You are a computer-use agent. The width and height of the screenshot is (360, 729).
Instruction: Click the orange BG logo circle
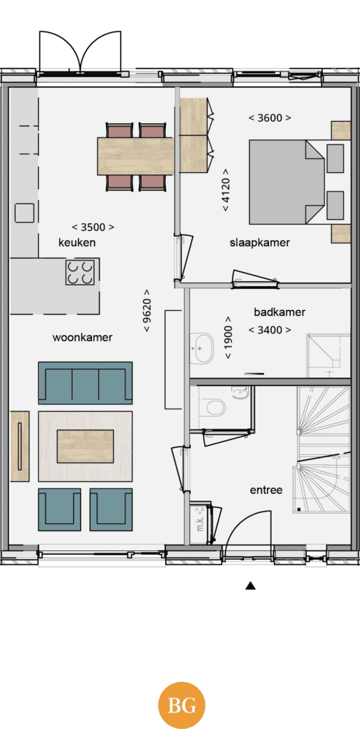point(181,706)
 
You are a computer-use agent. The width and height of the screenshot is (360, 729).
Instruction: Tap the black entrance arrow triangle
point(250,585)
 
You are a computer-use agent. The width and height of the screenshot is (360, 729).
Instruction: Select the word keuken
point(77,242)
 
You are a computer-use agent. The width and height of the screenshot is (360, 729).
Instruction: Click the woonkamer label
point(83,337)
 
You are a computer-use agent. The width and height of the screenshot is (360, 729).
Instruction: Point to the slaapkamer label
point(260,243)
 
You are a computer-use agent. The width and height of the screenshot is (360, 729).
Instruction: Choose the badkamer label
point(280,312)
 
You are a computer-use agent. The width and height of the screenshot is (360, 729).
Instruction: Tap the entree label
point(266,490)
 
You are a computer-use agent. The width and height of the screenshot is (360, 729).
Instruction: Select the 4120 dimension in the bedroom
point(226,190)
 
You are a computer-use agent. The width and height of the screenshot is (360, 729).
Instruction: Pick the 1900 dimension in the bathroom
point(228,337)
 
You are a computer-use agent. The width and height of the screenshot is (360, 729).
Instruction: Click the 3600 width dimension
point(270,118)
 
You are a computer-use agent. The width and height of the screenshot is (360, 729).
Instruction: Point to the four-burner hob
point(80,273)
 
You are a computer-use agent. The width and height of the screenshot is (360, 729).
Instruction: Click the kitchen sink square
point(24,212)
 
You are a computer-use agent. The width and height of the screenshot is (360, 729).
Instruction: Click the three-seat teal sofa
point(85,382)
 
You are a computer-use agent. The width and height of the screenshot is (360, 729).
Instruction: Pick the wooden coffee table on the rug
point(85,446)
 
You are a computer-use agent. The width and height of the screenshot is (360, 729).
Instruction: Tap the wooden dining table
point(135,156)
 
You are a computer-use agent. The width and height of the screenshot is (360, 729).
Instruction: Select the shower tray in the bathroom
point(328,355)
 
